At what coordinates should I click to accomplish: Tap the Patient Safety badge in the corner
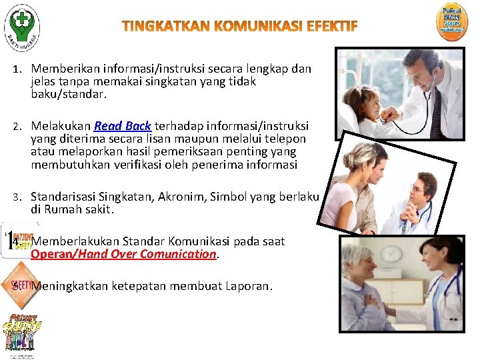coord(451,19)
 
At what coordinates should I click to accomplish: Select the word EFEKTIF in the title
coord(332,27)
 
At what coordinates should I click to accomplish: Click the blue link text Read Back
coord(123,126)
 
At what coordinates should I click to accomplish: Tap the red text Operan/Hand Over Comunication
coord(123,254)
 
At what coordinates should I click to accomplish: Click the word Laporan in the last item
coord(248,287)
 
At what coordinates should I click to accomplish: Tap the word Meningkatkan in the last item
coord(69,287)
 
